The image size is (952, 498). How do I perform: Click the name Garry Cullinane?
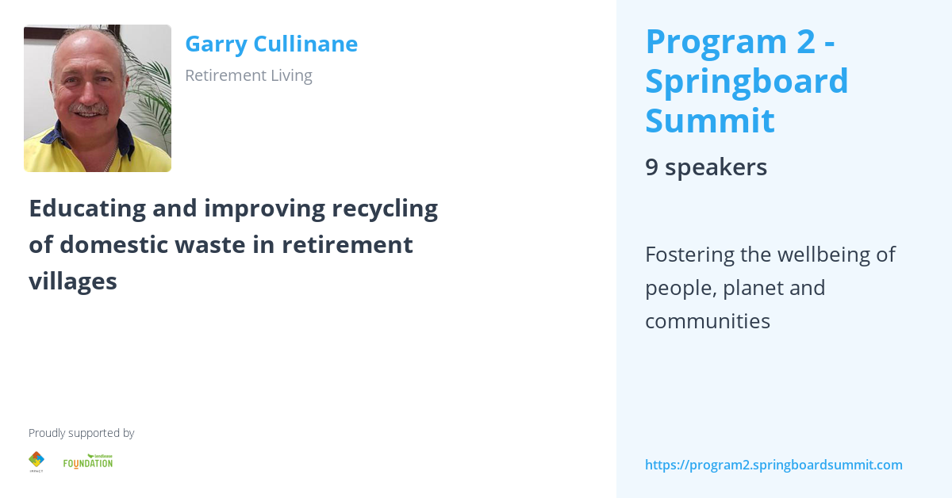tap(271, 44)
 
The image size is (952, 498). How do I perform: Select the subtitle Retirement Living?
tap(248, 75)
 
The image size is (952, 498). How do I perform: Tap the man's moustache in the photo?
tap(88, 109)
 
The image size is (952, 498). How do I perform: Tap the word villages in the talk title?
tap(73, 281)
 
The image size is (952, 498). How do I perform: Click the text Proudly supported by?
tap(81, 433)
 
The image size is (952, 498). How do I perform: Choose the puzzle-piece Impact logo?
tap(36, 460)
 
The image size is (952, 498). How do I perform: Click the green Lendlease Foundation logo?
tap(88, 462)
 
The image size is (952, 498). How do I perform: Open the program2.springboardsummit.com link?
tap(773, 465)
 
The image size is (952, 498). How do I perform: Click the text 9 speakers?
tap(705, 167)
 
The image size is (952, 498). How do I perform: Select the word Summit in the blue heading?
tap(709, 121)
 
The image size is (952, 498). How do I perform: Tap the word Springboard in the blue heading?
tap(747, 81)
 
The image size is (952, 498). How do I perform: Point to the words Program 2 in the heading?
tap(730, 41)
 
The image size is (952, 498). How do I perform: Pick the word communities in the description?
tap(707, 321)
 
